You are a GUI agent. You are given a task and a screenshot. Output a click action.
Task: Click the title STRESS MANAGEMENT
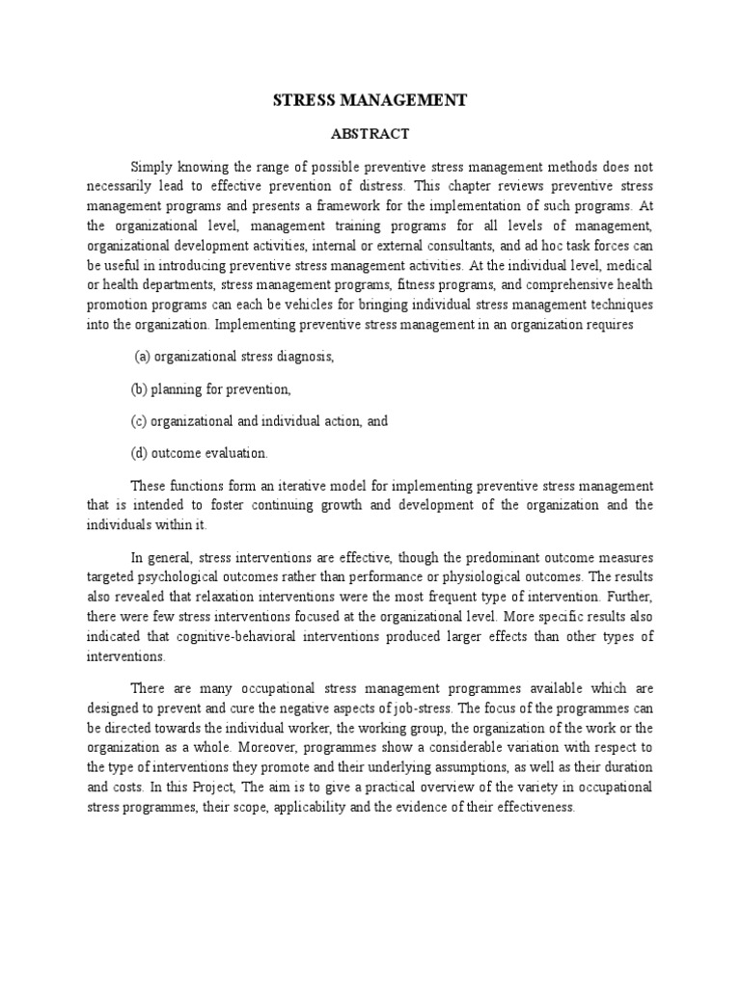[370, 99]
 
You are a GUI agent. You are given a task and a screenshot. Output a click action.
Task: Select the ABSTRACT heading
[370, 134]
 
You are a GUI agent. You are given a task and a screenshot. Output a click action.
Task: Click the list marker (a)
[142, 357]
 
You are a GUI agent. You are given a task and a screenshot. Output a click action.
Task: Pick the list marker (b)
[139, 389]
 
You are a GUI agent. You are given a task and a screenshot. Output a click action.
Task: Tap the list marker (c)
[139, 421]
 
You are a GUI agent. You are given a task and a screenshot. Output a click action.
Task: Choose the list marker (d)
[139, 453]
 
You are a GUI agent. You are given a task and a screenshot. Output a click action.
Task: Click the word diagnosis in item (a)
[303, 357]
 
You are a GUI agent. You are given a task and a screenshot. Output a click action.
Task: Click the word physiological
[467, 577]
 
